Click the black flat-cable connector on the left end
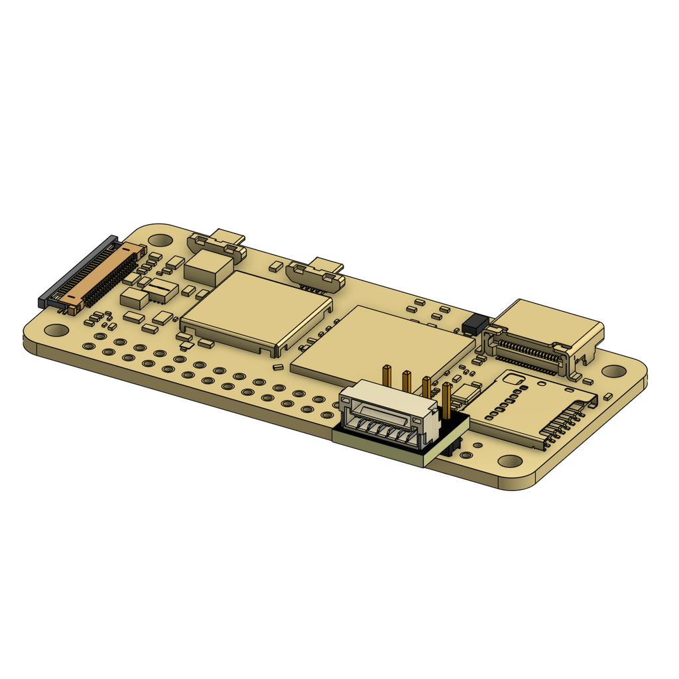pos(76,273)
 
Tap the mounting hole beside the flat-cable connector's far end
pos(159,239)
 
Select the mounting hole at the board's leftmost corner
pos(55,330)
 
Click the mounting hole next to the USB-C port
pos(613,371)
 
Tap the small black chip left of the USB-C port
pos(475,324)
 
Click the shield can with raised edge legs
pos(255,312)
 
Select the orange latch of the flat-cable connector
pos(99,278)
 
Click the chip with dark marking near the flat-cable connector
pos(162,289)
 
